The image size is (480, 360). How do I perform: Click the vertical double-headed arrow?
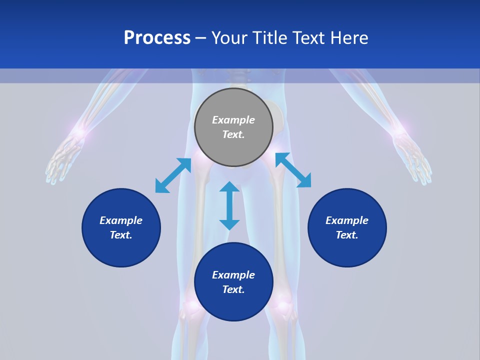point(229,205)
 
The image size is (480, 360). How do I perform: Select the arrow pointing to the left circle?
point(173,175)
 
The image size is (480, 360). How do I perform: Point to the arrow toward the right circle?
point(293,170)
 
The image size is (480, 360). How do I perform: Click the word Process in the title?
point(157,38)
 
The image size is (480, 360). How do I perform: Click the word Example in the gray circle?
point(233,120)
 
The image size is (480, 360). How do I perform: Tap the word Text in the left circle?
point(121,235)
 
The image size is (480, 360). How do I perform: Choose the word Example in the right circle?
point(347,220)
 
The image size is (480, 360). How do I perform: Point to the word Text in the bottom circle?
point(233,289)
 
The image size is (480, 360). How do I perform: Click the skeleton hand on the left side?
point(63,157)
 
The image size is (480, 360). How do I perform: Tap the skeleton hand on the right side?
point(412,157)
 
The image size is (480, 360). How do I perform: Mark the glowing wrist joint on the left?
point(78,132)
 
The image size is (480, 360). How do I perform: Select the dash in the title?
point(201,38)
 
